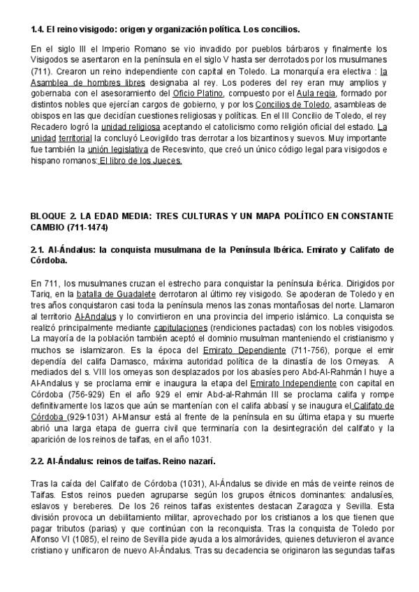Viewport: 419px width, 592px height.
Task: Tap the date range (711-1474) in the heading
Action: point(91,228)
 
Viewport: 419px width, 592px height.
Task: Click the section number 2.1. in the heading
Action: point(39,250)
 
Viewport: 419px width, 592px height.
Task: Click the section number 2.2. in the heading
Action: point(39,462)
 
